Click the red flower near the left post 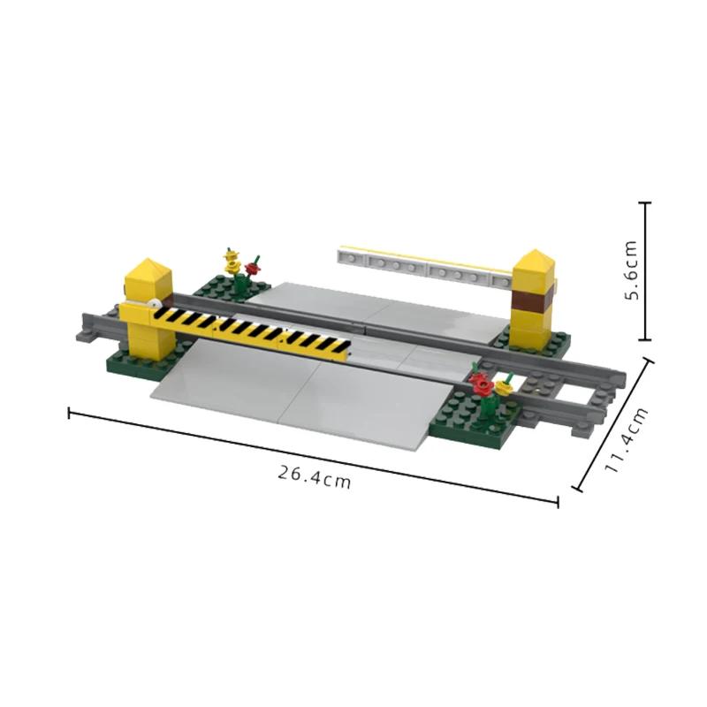[x=254, y=267]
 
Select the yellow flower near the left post [x=232, y=262]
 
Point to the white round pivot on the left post [x=156, y=305]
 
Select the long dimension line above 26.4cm [x=314, y=456]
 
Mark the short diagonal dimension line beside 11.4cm [x=615, y=424]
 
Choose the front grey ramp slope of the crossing [x=292, y=398]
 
